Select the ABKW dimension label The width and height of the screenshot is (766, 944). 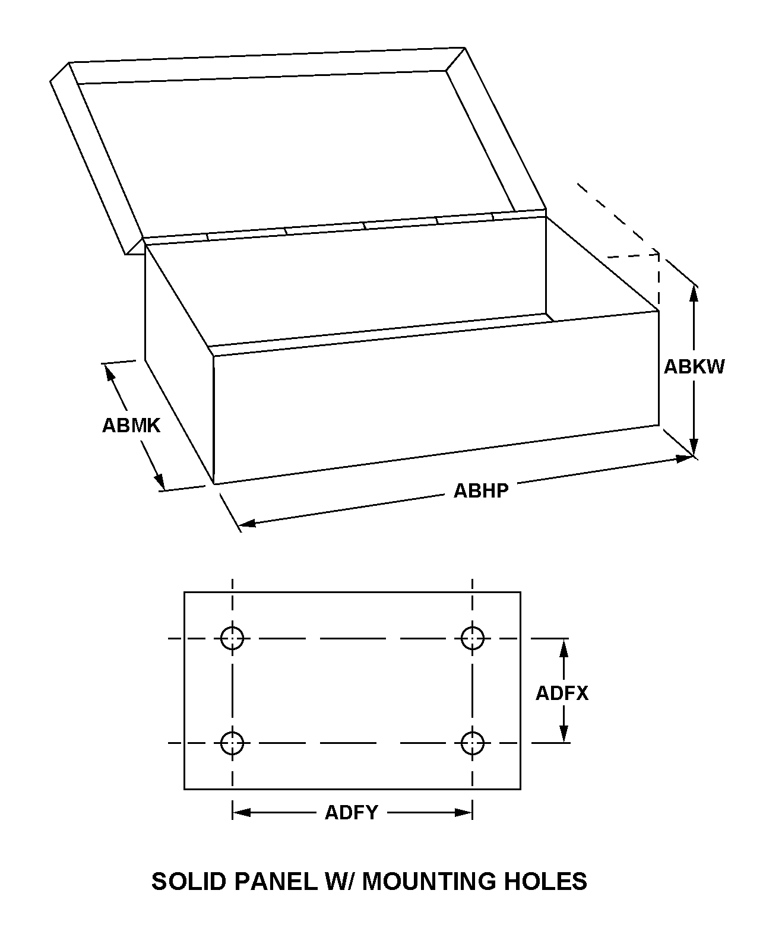pyautogui.click(x=694, y=366)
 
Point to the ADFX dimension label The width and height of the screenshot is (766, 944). pyautogui.click(x=562, y=693)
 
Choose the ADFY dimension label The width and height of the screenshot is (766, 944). pyautogui.click(x=351, y=812)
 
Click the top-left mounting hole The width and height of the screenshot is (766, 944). pyautogui.click(x=232, y=639)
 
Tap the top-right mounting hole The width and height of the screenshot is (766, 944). pyautogui.click(x=473, y=639)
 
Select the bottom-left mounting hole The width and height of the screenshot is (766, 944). pyautogui.click(x=232, y=743)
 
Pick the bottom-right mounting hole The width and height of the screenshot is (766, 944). pyautogui.click(x=473, y=743)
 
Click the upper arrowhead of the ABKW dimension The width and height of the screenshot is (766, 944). pyautogui.click(x=694, y=293)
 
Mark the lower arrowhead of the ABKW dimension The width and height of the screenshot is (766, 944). pyautogui.click(x=694, y=448)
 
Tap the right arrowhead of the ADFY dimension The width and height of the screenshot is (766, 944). pyautogui.click(x=464, y=812)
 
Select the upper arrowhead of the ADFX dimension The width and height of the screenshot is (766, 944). pyautogui.click(x=564, y=647)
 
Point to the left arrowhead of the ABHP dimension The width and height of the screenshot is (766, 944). pyautogui.click(x=246, y=523)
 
